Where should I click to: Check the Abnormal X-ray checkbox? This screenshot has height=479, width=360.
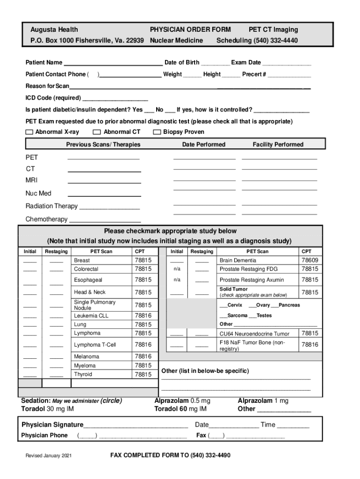coord(29,132)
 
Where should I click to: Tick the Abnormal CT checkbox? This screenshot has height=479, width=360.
coord(97,132)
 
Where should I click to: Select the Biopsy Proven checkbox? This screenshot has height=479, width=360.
coord(157,132)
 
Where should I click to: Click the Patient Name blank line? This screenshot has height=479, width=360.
coord(113,63)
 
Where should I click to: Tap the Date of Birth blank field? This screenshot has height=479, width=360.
coord(216,63)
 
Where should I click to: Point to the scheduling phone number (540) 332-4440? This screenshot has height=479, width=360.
coord(276,41)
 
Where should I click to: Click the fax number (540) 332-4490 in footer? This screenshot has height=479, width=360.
coord(210,455)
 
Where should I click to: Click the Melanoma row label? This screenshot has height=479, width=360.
coord(86,356)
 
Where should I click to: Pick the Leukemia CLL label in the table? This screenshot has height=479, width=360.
coord(91,316)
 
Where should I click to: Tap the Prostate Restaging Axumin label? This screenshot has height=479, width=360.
coord(252,280)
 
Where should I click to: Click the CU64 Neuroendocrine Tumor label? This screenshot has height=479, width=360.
coord(254,334)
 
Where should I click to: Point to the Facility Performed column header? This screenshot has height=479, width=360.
coord(278,145)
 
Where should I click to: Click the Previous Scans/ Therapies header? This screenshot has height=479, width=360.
coord(103,145)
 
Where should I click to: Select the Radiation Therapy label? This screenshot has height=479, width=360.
coord(51,206)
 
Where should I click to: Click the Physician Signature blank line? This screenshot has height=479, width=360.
coord(136,425)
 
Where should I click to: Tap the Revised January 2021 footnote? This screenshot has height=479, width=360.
coord(49,456)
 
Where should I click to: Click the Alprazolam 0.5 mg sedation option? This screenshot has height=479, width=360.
coord(182,401)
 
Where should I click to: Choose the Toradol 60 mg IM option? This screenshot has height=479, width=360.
coord(180,409)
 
